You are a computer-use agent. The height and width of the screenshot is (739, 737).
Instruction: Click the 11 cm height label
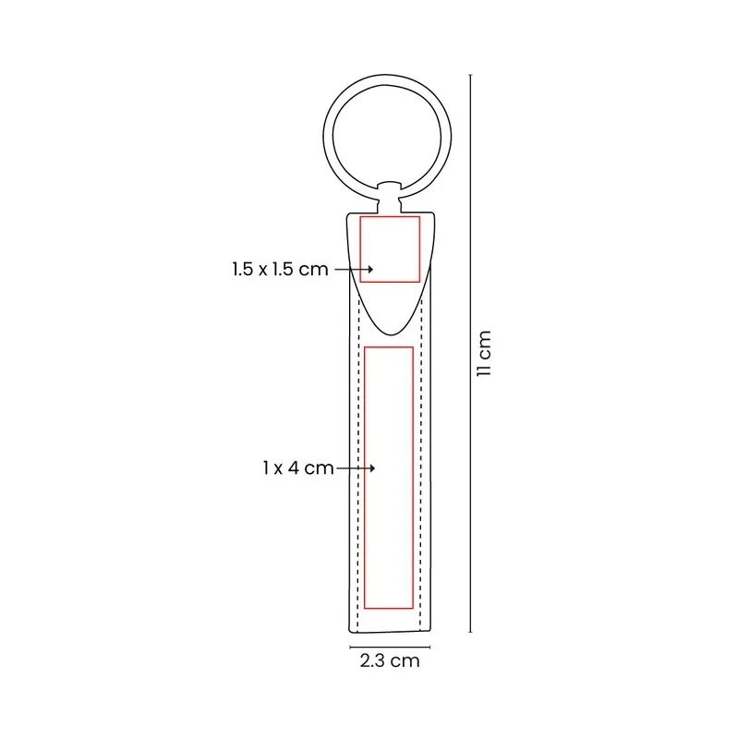484,354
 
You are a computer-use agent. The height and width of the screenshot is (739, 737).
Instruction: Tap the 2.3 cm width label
390,660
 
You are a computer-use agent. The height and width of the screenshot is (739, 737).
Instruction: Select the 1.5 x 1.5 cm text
280,269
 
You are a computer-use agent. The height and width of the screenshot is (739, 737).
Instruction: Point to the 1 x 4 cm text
297,468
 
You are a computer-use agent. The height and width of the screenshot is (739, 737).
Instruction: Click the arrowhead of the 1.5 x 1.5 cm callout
371,269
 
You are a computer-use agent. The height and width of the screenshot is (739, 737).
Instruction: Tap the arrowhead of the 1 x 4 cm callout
373,468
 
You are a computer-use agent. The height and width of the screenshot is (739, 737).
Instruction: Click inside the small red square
390,249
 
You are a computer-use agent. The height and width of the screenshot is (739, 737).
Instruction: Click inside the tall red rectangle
389,478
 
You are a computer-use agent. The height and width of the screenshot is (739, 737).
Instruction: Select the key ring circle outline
324,137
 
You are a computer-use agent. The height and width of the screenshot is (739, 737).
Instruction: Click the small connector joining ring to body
390,197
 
